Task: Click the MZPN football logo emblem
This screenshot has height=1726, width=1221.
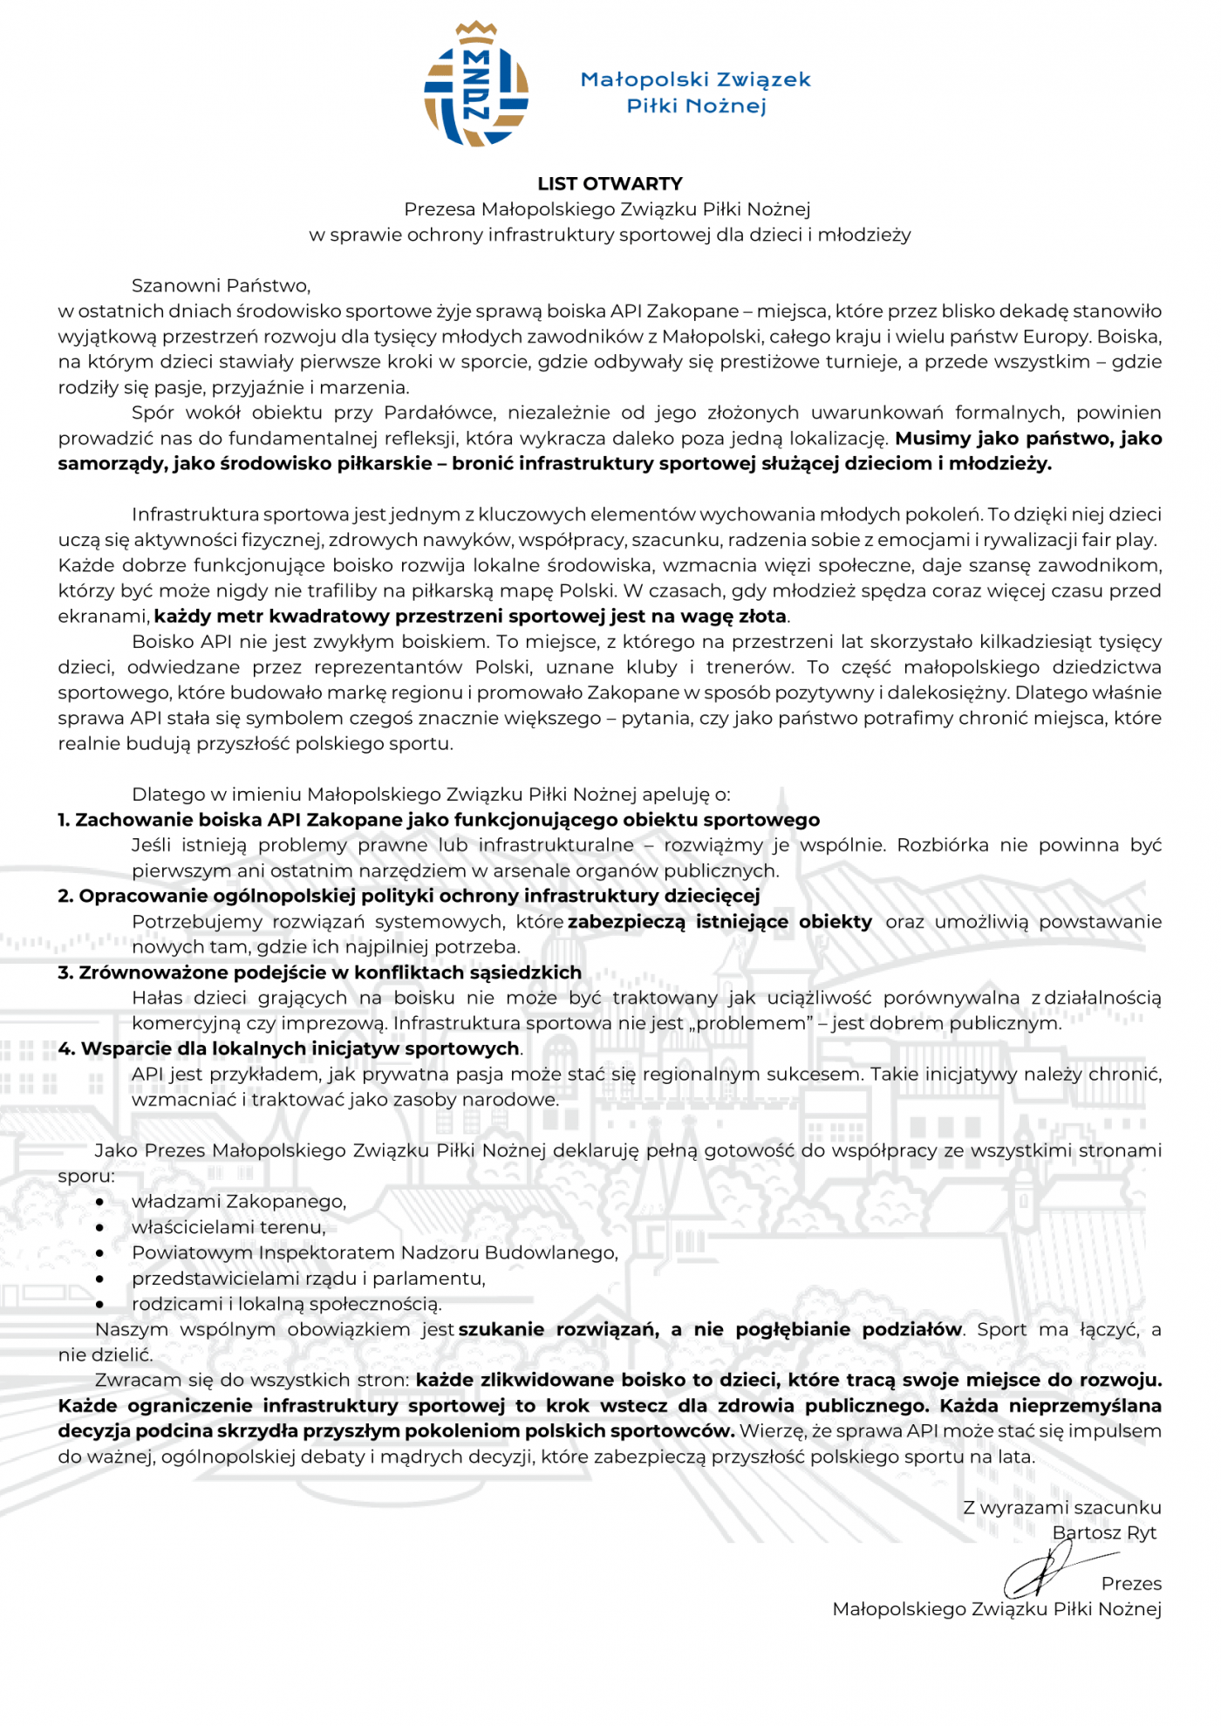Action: click(x=476, y=85)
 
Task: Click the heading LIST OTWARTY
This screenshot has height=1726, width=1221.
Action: click(x=610, y=184)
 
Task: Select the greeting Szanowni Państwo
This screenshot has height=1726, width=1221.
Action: click(x=221, y=285)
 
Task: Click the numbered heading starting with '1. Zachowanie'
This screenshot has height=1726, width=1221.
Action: click(x=439, y=820)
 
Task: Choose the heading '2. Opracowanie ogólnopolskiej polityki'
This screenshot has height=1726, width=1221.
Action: click(x=409, y=896)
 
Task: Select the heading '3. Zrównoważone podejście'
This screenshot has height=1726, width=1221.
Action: click(x=319, y=972)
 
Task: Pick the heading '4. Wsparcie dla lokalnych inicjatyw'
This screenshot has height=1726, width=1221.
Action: click(x=289, y=1048)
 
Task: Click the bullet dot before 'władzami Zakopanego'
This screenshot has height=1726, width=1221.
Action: click(x=100, y=1202)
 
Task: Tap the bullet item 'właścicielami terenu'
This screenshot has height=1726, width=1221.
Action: click(x=229, y=1227)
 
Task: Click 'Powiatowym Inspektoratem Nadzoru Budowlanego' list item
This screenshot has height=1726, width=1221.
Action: click(x=375, y=1252)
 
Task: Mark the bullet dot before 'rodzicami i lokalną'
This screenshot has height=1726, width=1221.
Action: click(x=100, y=1304)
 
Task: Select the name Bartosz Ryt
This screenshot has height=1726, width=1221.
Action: click(x=1104, y=1532)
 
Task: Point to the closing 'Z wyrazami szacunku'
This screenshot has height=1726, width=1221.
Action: click(x=1061, y=1507)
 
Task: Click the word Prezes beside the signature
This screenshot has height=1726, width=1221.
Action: click(x=1131, y=1583)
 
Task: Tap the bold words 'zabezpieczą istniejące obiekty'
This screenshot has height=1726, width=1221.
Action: click(x=720, y=922)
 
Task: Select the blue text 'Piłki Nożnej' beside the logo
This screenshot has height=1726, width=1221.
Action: click(x=696, y=106)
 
